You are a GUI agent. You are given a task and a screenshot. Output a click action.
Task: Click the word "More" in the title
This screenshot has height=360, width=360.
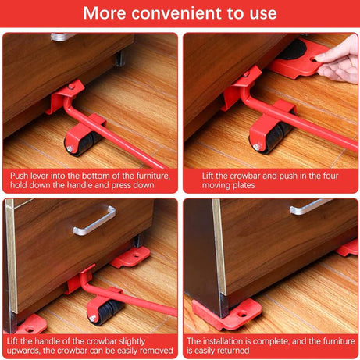[106, 13]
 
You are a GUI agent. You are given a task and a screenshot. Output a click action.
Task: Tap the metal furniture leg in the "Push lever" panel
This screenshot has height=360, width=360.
[120, 56]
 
